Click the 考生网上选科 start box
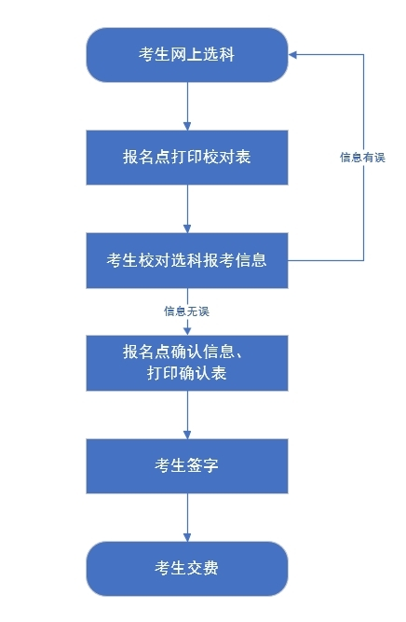click(187, 55)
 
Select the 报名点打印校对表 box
click(187, 157)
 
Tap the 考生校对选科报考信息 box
click(187, 260)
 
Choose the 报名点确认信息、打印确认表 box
click(187, 363)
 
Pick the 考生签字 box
click(187, 465)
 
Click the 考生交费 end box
click(187, 568)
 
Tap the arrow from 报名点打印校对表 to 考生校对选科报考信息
click(187, 208)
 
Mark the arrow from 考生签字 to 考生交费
click(187, 517)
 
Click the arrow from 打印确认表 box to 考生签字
click(187, 414)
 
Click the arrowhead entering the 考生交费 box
click(187, 535)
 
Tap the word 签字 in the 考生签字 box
click(203, 465)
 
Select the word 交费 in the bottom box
click(203, 568)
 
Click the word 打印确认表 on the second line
click(187, 374)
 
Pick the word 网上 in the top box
click(187, 55)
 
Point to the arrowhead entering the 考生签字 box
click(187, 433)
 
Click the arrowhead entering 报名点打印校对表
click(187, 124)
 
